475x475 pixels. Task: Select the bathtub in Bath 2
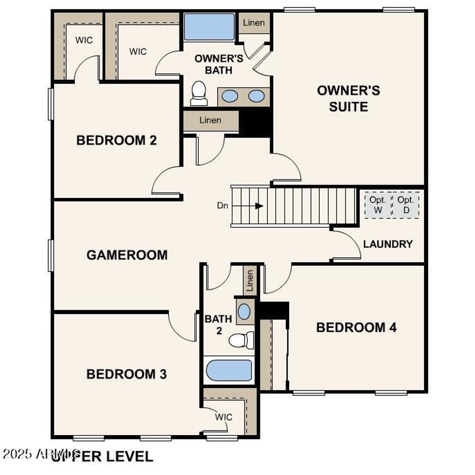(229, 370)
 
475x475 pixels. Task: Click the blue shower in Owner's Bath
(209, 27)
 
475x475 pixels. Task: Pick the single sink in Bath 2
(244, 312)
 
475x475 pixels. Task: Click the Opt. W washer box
(378, 205)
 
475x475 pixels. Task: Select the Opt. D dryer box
(406, 205)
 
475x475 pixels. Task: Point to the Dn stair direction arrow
(259, 206)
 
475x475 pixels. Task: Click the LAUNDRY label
(388, 244)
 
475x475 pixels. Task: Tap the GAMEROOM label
(127, 255)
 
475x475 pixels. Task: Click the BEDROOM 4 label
(356, 328)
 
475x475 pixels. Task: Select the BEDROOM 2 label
(117, 140)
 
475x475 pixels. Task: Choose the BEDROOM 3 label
(127, 374)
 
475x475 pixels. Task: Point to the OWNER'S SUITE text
(348, 99)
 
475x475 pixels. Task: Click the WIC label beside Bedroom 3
(224, 417)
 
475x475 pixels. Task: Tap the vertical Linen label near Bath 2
(250, 281)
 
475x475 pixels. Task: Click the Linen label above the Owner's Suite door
(254, 23)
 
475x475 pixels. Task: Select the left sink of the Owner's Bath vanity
(230, 96)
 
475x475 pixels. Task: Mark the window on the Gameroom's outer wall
(51, 255)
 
